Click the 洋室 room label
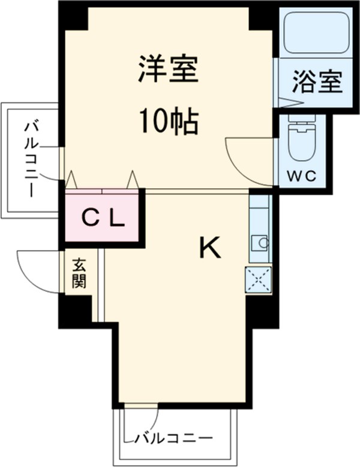[x=169, y=71]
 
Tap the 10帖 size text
[x=169, y=122]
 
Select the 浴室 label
[x=317, y=82]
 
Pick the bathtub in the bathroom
[x=316, y=32]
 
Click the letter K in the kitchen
[x=209, y=248]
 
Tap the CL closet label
[x=103, y=218]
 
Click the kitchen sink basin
[x=261, y=242]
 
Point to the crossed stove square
[x=259, y=279]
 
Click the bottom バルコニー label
[x=173, y=437]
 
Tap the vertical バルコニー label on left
[x=30, y=160]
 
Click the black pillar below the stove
[x=262, y=312]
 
